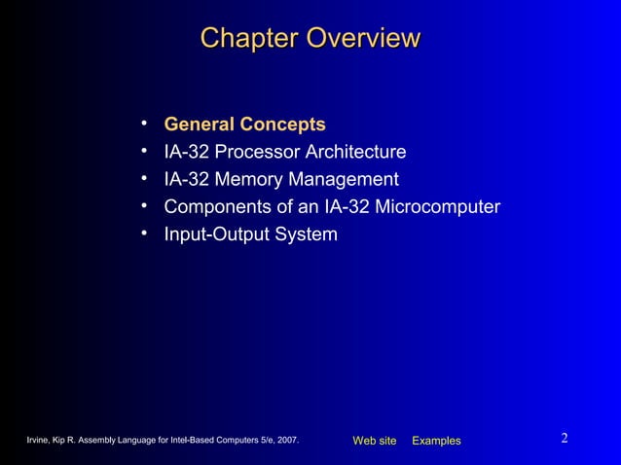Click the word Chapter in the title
(249, 39)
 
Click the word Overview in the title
(362, 39)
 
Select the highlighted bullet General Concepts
(244, 125)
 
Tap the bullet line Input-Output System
(250, 234)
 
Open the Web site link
(375, 442)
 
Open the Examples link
(436, 442)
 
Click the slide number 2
(565, 439)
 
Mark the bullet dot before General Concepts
(143, 124)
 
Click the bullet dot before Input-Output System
(143, 233)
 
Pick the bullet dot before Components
(143, 205)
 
